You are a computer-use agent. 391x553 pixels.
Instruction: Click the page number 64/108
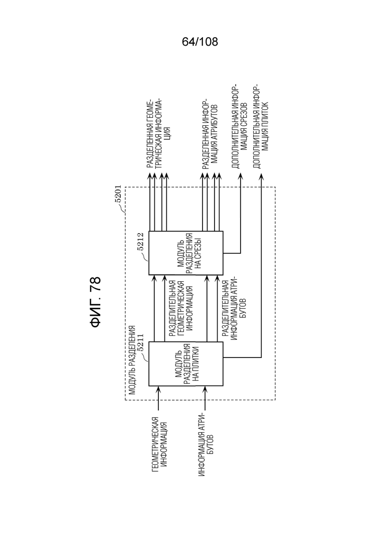pos(200,42)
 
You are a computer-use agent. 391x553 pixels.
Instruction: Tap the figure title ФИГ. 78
pos(96,302)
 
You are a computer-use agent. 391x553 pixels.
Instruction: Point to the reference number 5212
pos(141,242)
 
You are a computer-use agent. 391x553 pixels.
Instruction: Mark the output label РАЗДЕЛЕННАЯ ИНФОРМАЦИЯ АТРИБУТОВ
pos(210,134)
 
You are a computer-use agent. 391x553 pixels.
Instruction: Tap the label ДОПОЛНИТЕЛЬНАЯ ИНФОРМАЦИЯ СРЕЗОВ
pos(240,126)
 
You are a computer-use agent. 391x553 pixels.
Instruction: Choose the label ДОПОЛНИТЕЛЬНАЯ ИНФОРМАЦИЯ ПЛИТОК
pos(261,126)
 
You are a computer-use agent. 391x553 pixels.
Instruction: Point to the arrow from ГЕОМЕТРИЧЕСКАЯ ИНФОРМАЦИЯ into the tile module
pos(158,398)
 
